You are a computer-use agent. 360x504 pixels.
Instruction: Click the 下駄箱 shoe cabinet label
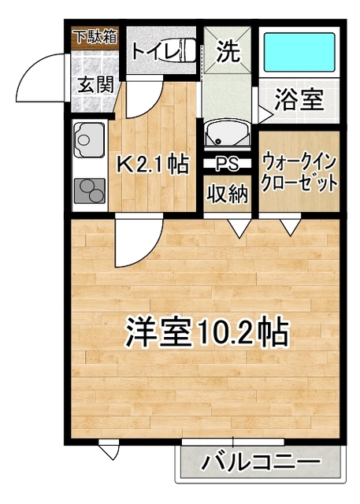pos(96,37)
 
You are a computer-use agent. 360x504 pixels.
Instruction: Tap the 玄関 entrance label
pos(96,85)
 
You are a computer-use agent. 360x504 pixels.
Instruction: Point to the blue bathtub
pos(299,52)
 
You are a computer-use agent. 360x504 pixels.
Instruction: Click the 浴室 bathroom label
pos(299,100)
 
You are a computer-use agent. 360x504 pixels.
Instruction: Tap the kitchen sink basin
pos(89,139)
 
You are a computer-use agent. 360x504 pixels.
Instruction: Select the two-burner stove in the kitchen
pos(90,191)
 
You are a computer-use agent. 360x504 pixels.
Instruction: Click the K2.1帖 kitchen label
pos(152,165)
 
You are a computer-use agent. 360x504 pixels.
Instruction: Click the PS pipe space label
pos(227,164)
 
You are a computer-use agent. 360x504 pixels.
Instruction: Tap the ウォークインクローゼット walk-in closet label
pos(299,173)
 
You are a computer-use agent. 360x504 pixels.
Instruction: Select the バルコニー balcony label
pos(261,462)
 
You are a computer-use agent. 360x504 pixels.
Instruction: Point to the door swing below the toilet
pos(149,102)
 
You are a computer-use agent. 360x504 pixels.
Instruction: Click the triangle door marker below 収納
pos(239,228)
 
